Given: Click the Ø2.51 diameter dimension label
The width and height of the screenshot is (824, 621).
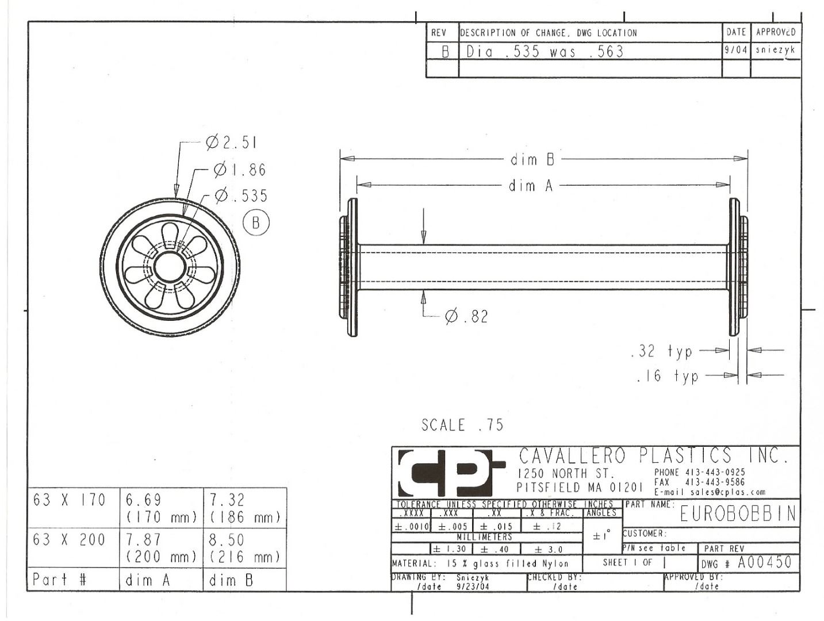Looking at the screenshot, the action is click(x=232, y=143).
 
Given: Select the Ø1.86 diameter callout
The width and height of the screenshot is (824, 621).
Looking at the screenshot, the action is click(x=240, y=170).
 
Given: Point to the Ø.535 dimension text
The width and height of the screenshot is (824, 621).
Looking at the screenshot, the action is click(x=241, y=195).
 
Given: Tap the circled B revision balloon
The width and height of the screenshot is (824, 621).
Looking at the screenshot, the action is click(x=256, y=223).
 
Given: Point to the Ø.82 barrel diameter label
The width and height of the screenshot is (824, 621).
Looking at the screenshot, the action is click(x=466, y=317).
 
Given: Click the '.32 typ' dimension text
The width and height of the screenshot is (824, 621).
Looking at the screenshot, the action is click(x=661, y=351).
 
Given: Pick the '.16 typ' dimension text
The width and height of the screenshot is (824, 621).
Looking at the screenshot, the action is click(x=667, y=376).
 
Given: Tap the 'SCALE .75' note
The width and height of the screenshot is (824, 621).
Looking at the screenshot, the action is click(x=462, y=425).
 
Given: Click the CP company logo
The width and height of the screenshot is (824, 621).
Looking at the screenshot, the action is click(x=451, y=473).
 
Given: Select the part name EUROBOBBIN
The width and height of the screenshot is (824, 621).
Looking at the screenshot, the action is click(x=738, y=515).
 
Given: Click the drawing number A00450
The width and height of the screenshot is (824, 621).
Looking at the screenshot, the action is click(x=765, y=562).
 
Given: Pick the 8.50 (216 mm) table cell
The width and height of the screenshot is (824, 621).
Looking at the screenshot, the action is click(x=244, y=548).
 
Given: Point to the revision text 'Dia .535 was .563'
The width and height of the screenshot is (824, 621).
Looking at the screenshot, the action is click(x=545, y=51).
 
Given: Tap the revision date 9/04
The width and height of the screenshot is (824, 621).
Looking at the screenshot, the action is click(x=736, y=50).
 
